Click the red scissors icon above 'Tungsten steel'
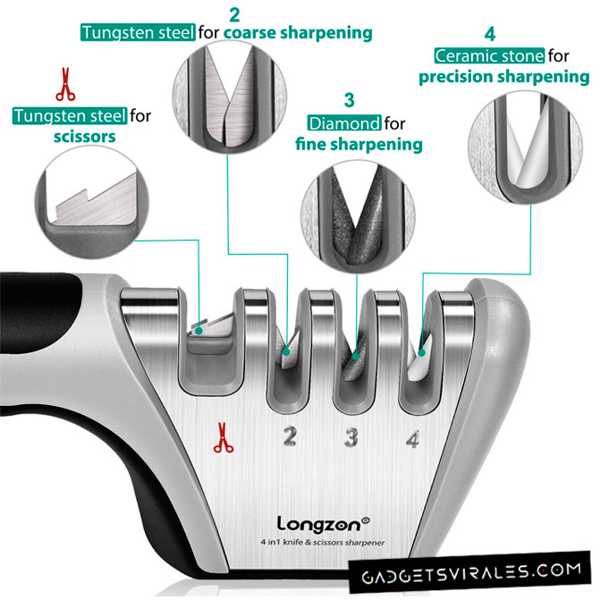point(65,84)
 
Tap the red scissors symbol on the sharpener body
point(223,438)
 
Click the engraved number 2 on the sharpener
point(290,436)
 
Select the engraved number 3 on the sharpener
point(351,437)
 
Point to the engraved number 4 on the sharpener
point(413,439)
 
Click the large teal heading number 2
point(234,14)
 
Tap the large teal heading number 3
point(349,100)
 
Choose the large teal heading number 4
point(490,34)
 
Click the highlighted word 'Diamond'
point(344,123)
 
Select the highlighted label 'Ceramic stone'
point(489,55)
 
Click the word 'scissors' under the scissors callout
point(85,137)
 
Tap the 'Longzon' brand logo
point(323,524)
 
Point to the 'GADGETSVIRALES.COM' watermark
point(470,572)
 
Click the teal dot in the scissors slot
point(199,331)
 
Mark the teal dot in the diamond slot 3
point(356,357)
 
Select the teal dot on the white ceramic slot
point(421,352)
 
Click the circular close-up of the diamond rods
point(358,217)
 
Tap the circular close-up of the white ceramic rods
point(525,148)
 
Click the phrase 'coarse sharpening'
point(298,32)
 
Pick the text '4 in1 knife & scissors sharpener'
point(323,542)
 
